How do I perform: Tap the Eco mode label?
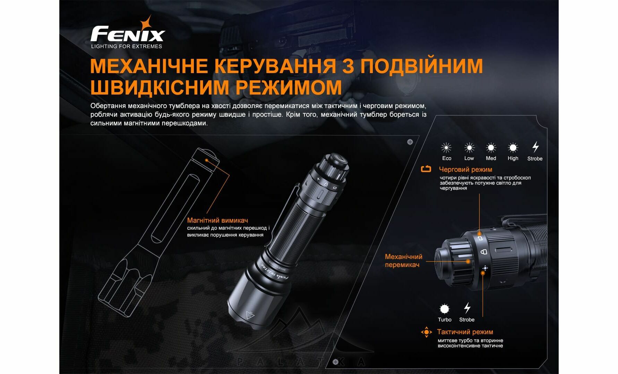[x=447, y=158]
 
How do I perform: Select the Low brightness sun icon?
[x=469, y=148]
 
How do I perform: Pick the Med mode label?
[x=491, y=158]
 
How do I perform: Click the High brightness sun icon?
[x=513, y=148]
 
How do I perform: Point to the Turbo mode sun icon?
[x=444, y=309]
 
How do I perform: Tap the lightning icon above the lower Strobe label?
[x=467, y=308]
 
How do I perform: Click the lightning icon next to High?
[x=535, y=147]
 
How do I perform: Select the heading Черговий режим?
[x=465, y=169]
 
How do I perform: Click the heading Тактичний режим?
[x=465, y=332]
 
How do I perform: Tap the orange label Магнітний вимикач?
[x=217, y=220]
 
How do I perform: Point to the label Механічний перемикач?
[x=404, y=260]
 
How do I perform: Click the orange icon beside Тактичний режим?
[x=426, y=332]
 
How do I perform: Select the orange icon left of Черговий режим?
[x=426, y=169]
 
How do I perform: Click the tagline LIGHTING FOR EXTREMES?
[x=127, y=46]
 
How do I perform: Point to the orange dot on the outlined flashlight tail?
[x=207, y=160]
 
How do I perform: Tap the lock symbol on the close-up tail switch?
[x=484, y=252]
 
